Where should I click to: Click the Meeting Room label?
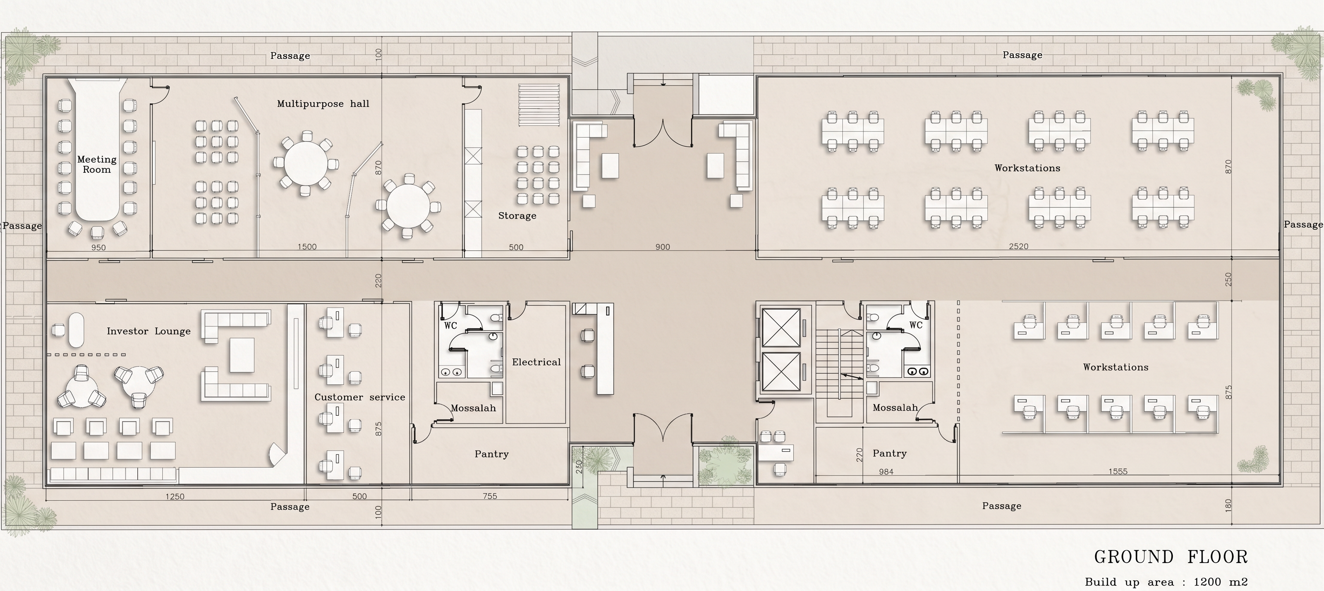point(97,165)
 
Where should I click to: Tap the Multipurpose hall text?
point(323,104)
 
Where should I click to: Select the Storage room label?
point(517,216)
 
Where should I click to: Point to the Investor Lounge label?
point(149,331)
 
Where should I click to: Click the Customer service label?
point(360,397)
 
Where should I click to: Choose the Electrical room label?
point(536,362)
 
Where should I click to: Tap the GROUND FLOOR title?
point(1171,557)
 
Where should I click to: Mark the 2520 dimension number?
point(1019,247)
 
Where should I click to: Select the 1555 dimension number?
point(1118,471)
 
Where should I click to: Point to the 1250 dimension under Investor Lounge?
point(175,497)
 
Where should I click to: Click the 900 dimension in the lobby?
point(662,247)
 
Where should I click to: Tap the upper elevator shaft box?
point(781,328)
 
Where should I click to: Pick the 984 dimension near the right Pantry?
point(886,472)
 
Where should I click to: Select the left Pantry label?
point(492,454)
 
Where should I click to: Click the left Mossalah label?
point(474,408)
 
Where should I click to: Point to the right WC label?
point(916,325)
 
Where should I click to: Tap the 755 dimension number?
point(490,497)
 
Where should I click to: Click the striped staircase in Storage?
point(539,105)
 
